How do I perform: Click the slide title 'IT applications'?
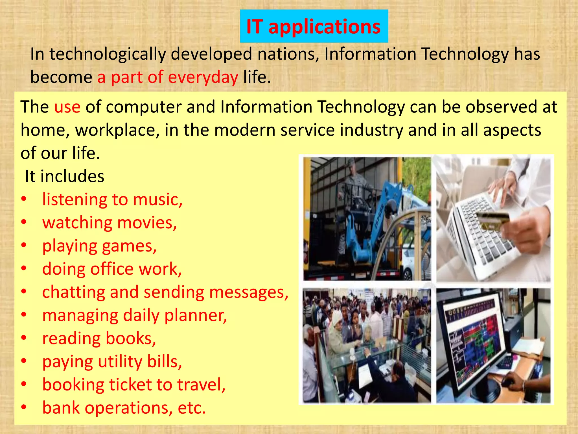[x=314, y=27]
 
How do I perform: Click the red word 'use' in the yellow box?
[x=67, y=107]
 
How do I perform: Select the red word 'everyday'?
[x=203, y=77]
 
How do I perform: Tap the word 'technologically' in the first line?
[x=108, y=54]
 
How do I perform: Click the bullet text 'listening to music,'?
[x=112, y=199]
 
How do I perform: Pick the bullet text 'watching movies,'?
[x=110, y=223]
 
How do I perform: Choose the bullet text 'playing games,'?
[x=99, y=246]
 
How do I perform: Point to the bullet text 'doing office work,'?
[x=112, y=269]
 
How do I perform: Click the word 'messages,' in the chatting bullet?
[x=249, y=292]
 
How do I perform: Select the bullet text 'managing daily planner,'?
[x=134, y=315]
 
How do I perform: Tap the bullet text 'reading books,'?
[x=99, y=338]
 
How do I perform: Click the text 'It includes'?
[x=65, y=176]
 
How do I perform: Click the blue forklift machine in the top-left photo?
[x=367, y=226]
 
